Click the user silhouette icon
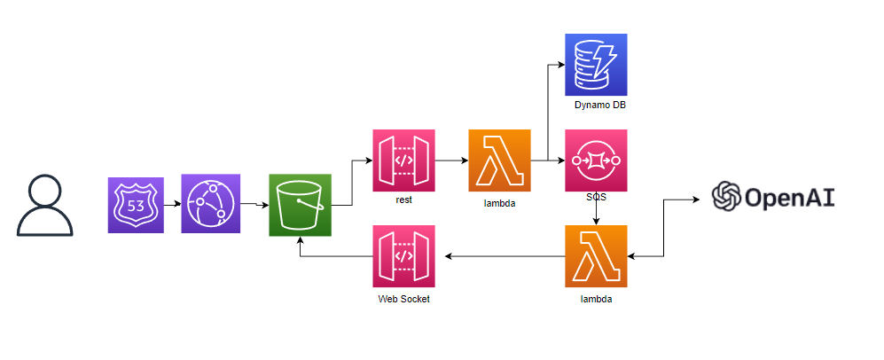click(x=45, y=206)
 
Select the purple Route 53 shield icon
click(x=136, y=205)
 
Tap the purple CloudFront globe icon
click(x=211, y=204)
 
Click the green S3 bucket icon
click(x=300, y=206)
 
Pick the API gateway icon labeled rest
click(x=403, y=160)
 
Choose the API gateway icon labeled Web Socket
click(x=403, y=256)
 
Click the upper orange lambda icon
click(x=499, y=160)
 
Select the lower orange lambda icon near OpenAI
click(x=596, y=256)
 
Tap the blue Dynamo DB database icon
click(x=596, y=65)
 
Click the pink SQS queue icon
click(x=596, y=160)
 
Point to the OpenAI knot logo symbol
click(x=727, y=195)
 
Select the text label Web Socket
click(x=403, y=300)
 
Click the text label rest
click(x=403, y=200)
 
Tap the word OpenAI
click(x=788, y=196)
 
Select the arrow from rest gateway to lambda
click(x=451, y=160)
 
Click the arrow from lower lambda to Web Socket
click(x=505, y=256)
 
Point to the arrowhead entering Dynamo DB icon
click(x=560, y=65)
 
